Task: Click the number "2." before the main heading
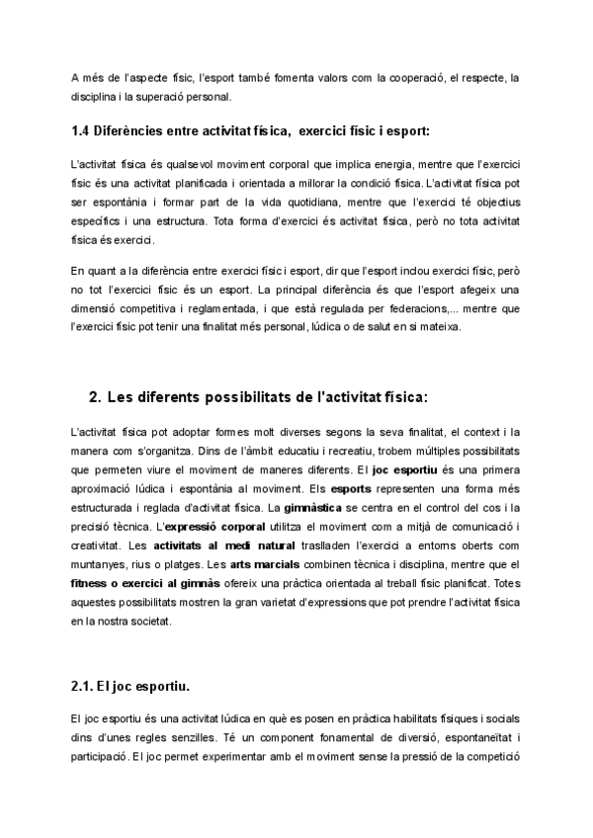tap(95, 397)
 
